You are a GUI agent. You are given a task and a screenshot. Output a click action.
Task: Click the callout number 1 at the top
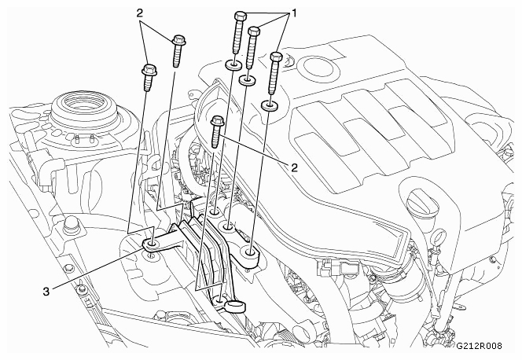(x=294, y=13)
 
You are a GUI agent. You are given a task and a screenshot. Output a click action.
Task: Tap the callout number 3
(x=46, y=292)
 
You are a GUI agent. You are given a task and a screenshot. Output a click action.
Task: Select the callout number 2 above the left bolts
(x=140, y=13)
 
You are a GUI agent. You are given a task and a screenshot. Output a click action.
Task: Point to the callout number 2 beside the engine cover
(x=294, y=167)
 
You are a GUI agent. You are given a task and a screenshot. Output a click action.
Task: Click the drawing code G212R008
(x=479, y=346)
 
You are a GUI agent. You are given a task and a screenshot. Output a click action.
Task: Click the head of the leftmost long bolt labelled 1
(x=240, y=16)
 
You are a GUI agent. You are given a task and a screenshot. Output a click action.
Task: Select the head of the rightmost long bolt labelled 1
(x=276, y=57)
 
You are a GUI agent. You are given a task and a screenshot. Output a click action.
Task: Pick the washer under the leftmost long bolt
(x=233, y=65)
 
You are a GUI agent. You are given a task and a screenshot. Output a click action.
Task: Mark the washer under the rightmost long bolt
(x=270, y=106)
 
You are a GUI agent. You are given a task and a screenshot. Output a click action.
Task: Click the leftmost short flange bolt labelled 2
(x=149, y=78)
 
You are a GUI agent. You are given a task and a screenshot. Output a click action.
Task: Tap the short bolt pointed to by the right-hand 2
(x=217, y=132)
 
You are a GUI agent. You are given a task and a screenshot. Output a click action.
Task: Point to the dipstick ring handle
(x=438, y=237)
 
